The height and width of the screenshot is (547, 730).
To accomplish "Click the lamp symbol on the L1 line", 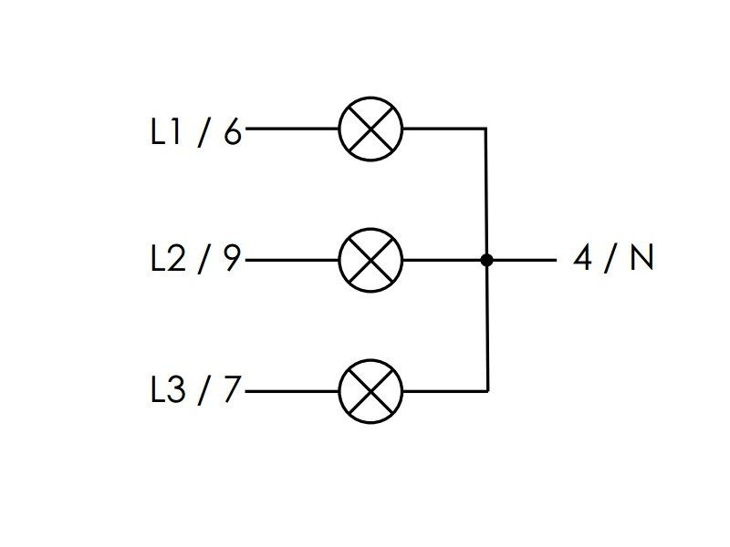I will pos(370,129).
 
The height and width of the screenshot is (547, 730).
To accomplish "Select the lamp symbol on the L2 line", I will pos(370,260).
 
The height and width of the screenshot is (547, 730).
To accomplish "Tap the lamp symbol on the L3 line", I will pos(370,391).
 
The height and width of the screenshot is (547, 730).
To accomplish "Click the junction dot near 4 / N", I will pos(486,260).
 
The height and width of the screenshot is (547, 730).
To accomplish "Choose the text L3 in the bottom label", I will pos(169,391).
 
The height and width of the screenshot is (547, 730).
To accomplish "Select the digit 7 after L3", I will pos(232,391).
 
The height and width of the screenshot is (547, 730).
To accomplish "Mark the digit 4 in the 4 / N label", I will pos(583,260).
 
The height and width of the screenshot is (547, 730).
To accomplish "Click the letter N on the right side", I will pos(641,260).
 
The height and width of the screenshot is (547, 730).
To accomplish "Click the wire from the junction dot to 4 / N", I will pos(522,260).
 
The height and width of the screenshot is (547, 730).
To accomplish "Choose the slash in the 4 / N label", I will pos(612,260).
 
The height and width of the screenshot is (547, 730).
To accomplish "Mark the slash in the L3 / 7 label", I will pos(203,391).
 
